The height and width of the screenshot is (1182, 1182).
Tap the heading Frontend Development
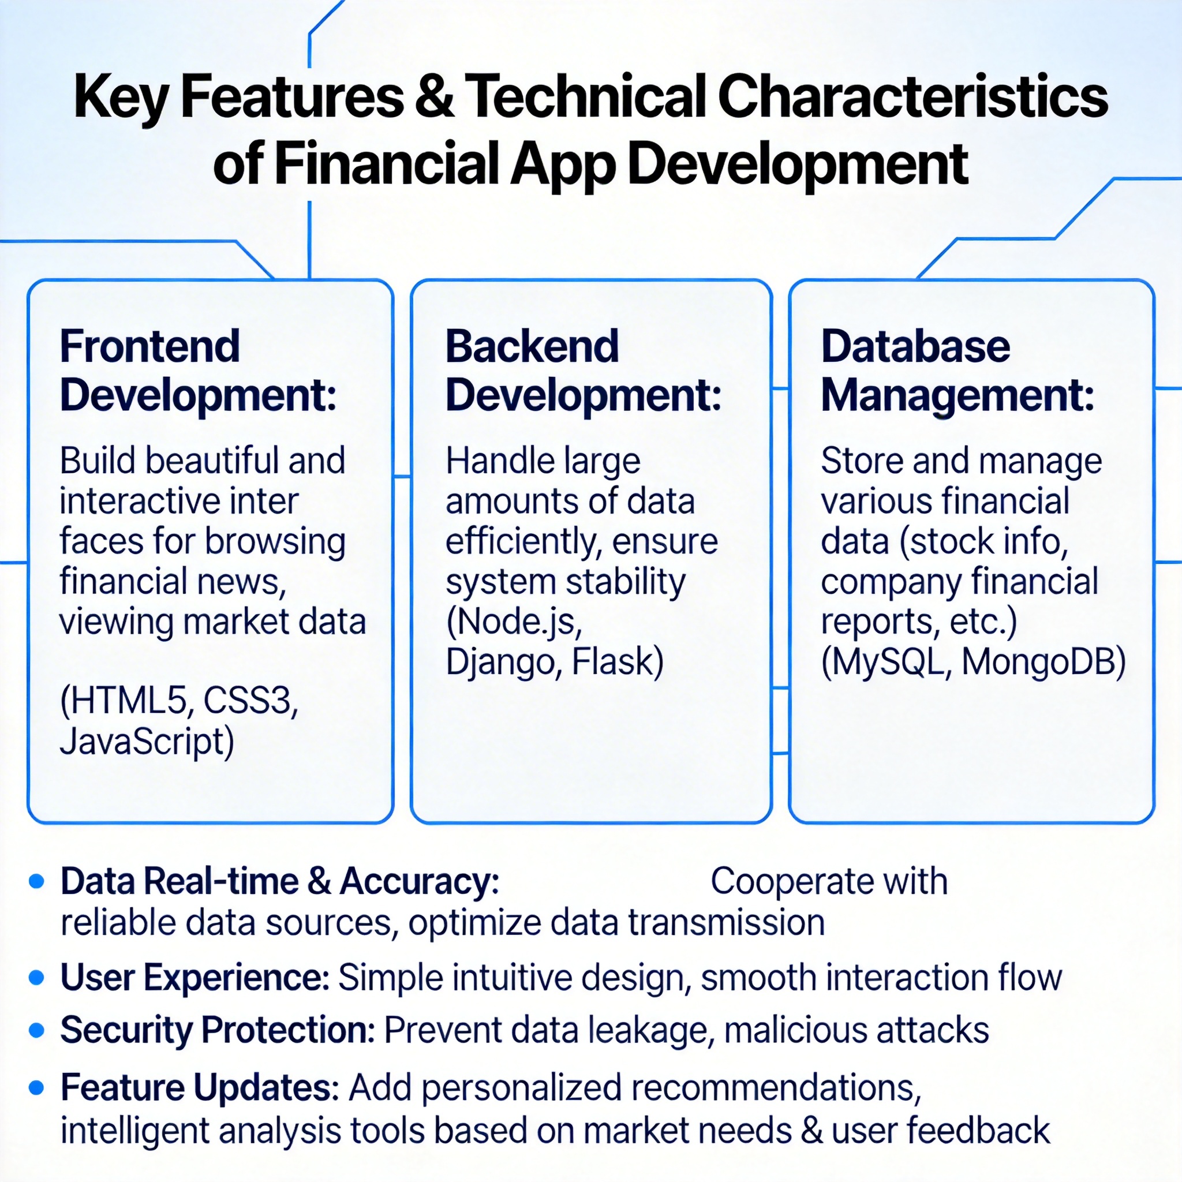pyautogui.click(x=197, y=371)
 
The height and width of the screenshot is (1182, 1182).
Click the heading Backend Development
pyautogui.click(x=583, y=371)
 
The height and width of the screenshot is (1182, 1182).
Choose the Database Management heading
pyautogui.click(x=957, y=371)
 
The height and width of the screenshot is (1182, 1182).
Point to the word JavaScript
pyautogui.click(x=146, y=742)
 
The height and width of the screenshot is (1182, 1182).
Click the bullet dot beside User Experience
pyautogui.click(x=37, y=977)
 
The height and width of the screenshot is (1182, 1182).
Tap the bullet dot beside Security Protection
pyautogui.click(x=37, y=1031)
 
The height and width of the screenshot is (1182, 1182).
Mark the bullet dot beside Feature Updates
pyautogui.click(x=37, y=1089)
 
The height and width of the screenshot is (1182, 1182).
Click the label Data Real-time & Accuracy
pyautogui.click(x=279, y=882)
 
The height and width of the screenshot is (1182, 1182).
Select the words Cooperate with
pyautogui.click(x=829, y=882)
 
